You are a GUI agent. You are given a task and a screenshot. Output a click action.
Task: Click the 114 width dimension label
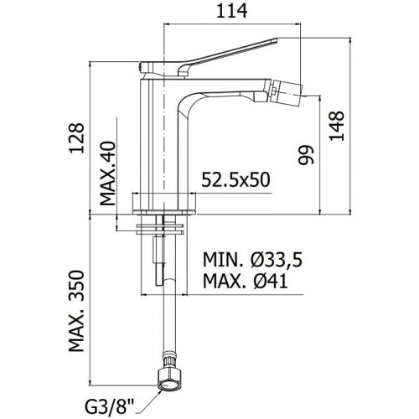[x=232, y=11]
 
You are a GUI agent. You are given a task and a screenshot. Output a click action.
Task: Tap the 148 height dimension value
[x=337, y=126]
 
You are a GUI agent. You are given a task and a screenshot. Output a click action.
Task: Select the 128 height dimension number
[x=77, y=138]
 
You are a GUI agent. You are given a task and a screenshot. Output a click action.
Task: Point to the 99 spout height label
[x=306, y=155]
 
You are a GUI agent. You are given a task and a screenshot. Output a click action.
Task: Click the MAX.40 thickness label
[x=108, y=173]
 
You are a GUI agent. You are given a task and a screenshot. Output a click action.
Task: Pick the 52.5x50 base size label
[x=235, y=180]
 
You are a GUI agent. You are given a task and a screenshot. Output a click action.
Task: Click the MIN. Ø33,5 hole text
[x=252, y=260]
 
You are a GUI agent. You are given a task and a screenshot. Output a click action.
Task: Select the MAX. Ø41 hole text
[x=245, y=281]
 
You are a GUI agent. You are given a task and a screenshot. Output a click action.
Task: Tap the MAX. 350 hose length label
[x=76, y=311]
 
